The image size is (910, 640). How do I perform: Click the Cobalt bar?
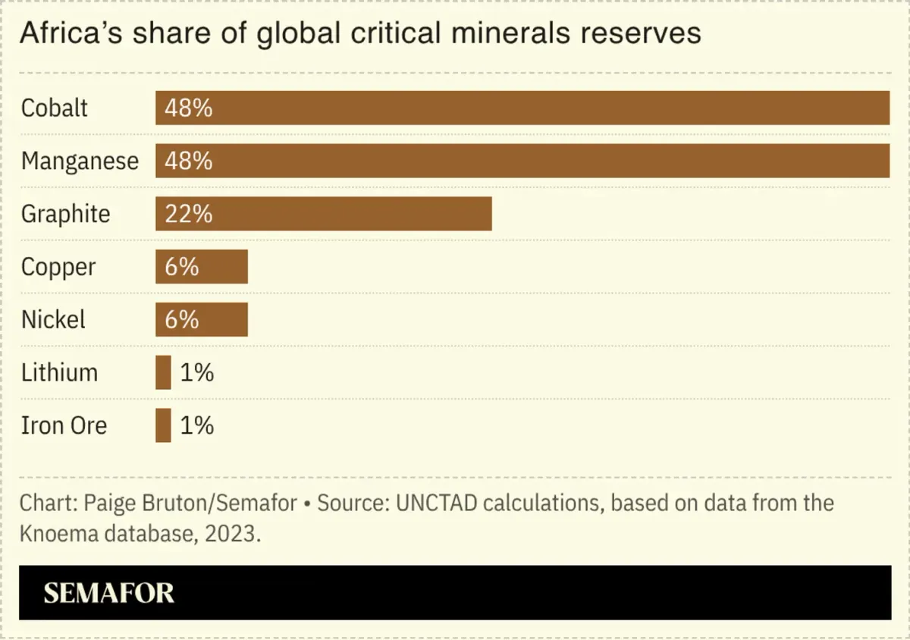tap(522, 108)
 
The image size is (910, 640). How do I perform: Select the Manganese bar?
tap(522, 161)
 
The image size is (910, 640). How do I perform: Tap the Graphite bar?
tap(323, 214)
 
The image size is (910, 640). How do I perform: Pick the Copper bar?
tap(202, 267)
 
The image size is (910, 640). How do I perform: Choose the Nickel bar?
tap(202, 319)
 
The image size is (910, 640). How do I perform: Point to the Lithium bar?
tap(163, 372)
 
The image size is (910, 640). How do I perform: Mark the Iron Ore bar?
tap(163, 425)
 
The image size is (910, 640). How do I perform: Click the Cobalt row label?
tap(54, 108)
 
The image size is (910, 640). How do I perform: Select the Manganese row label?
tap(80, 162)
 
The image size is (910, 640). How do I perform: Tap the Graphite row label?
tap(65, 214)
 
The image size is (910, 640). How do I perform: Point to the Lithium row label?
tap(59, 372)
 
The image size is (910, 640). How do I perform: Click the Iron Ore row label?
tap(64, 425)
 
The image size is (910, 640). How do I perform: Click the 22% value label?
tap(189, 214)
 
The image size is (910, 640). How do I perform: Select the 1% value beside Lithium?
tap(197, 372)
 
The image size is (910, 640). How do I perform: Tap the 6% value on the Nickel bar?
tap(181, 320)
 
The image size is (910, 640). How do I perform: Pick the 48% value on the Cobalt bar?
tap(189, 108)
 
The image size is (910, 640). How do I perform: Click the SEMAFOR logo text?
tap(109, 593)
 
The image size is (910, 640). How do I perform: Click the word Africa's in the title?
tap(71, 33)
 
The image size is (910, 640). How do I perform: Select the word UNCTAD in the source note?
tap(436, 503)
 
